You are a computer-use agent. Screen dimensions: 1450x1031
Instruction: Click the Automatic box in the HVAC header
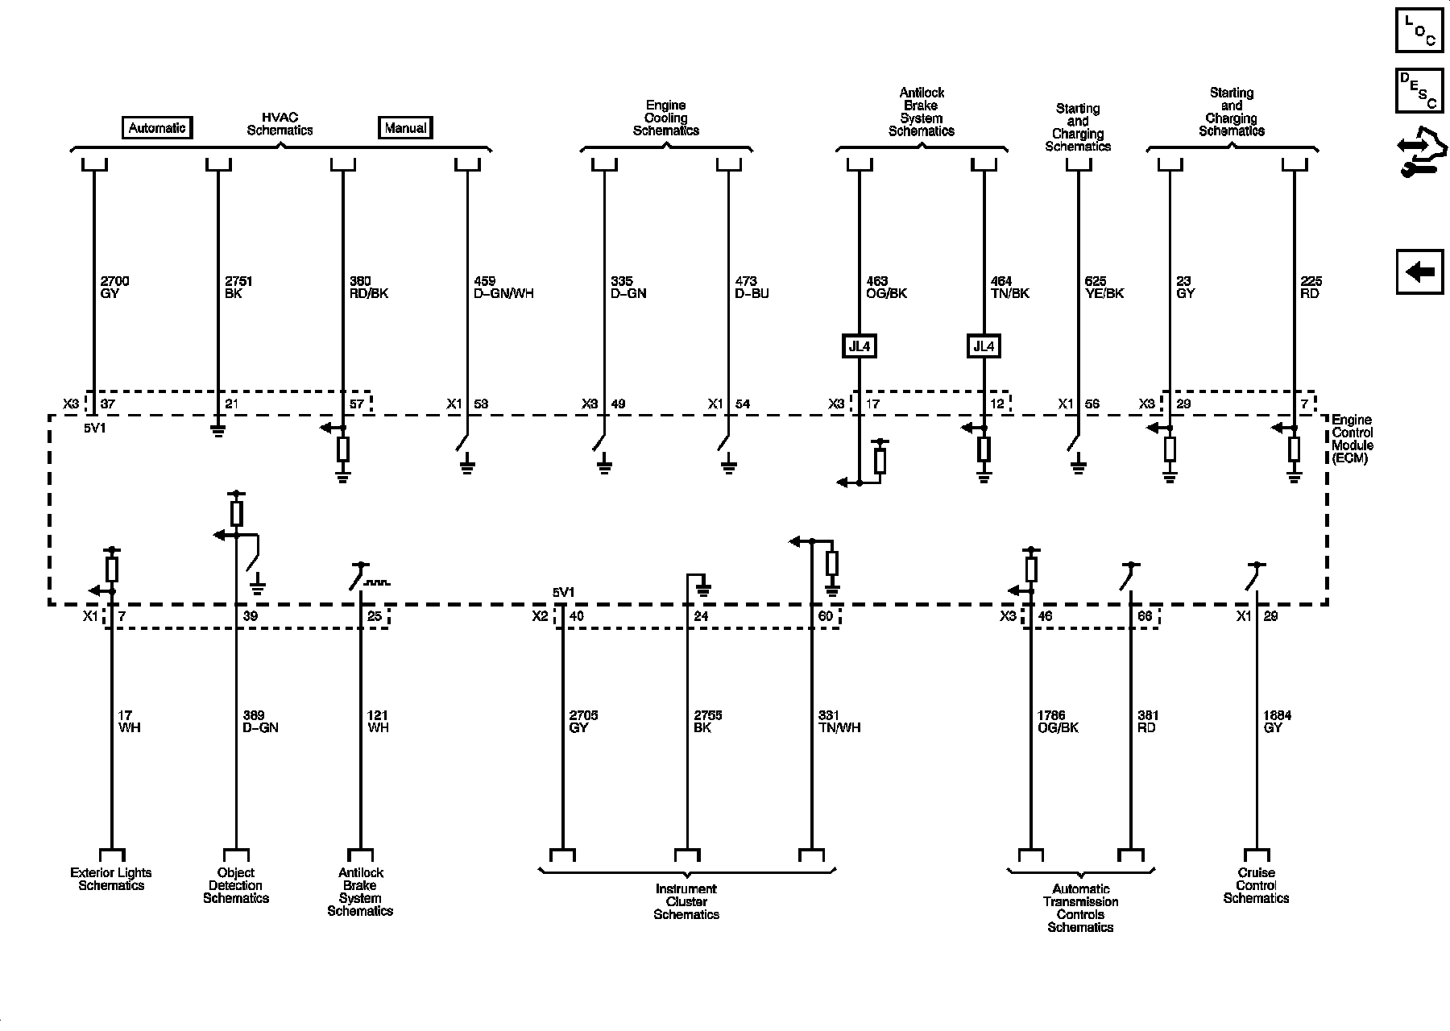[157, 128]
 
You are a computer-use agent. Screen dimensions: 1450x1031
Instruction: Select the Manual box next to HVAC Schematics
[405, 128]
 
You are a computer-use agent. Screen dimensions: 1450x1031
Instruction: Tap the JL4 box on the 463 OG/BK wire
[860, 347]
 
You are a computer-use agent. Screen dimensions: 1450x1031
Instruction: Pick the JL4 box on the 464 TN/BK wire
[984, 347]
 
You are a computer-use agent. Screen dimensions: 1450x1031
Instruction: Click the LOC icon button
[1420, 31]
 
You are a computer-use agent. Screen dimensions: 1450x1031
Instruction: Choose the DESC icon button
[1420, 90]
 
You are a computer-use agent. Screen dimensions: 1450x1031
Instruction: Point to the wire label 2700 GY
[114, 288]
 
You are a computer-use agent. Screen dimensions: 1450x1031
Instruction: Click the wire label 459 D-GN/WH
[503, 288]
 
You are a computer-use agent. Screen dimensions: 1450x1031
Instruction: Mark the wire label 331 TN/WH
[839, 722]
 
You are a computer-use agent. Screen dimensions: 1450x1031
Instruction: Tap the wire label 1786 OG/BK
[1058, 722]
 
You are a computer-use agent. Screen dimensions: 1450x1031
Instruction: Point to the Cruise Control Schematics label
[1256, 885]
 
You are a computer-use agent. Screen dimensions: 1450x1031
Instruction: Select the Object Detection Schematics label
[236, 885]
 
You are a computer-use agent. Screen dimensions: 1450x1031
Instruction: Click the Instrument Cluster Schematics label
[686, 901]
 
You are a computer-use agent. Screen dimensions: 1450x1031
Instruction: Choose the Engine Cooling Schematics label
[666, 118]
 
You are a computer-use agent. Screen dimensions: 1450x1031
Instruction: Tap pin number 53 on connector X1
[481, 404]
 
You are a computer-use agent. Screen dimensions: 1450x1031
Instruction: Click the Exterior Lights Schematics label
[111, 879]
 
